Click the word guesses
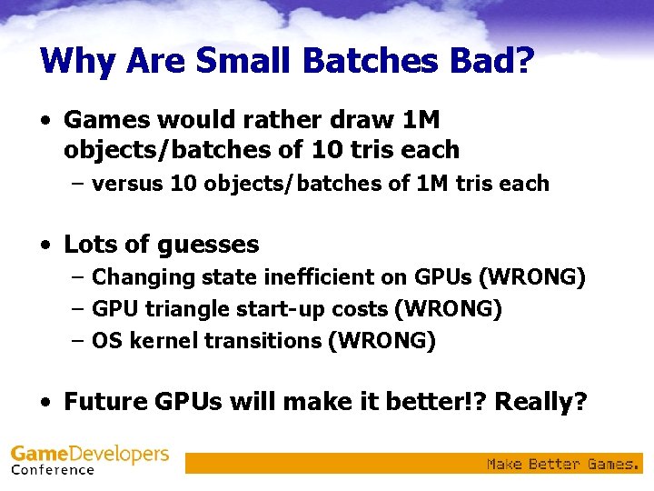coord(208,245)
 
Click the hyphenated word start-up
coord(292,309)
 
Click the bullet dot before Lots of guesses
coord(45,245)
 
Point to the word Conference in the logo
coord(53,470)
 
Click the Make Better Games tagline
coord(563,464)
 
